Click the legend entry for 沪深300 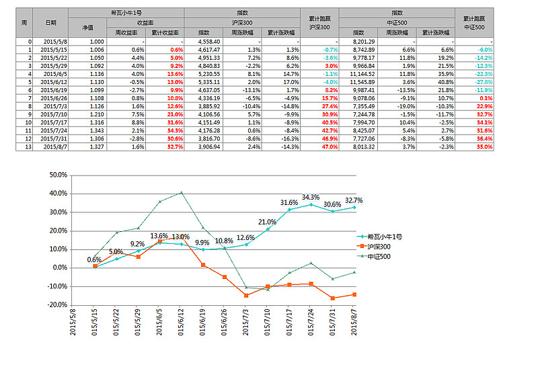click(x=379, y=247)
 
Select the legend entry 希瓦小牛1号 click(x=384, y=237)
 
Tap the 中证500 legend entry click(x=379, y=256)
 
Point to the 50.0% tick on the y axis click(x=59, y=175)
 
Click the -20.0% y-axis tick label click(x=58, y=304)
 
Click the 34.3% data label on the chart click(x=311, y=198)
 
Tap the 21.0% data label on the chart click(x=267, y=222)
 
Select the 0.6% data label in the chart click(x=95, y=259)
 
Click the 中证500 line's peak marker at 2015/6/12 click(x=182, y=192)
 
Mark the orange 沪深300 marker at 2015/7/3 click(x=246, y=296)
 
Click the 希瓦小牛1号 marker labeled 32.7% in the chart click(x=354, y=207)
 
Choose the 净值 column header click(x=87, y=27)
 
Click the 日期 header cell click(x=50, y=22)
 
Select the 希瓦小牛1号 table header click(x=126, y=13)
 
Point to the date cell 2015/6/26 click(x=53, y=97)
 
